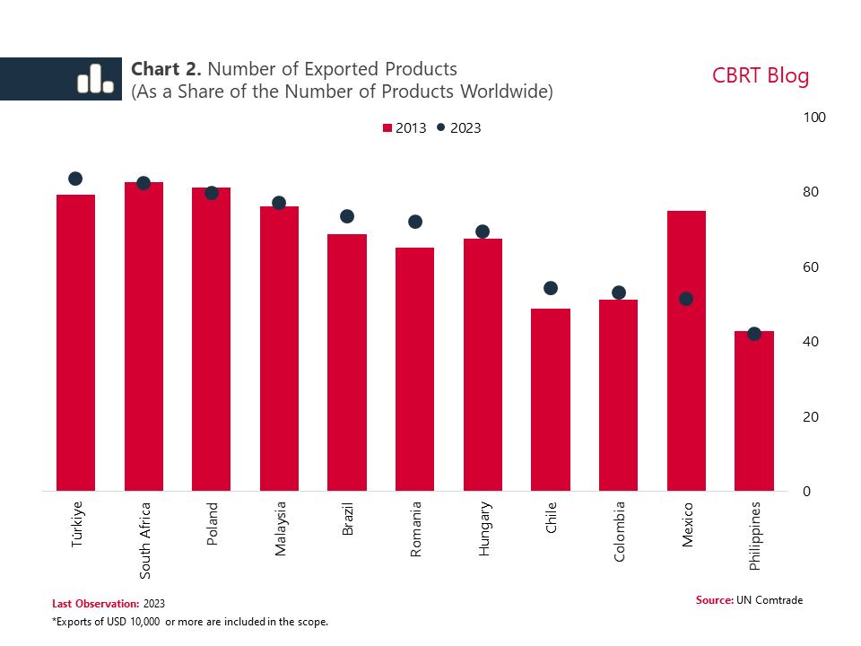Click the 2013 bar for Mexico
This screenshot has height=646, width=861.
tap(686, 351)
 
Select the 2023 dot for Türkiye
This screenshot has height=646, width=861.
tap(75, 179)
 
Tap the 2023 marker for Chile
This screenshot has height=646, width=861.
tap(551, 288)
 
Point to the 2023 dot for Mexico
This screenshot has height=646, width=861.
tap(686, 299)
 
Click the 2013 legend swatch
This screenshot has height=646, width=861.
tap(387, 128)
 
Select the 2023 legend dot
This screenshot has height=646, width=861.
tap(441, 127)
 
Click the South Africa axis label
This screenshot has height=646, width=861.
tap(145, 535)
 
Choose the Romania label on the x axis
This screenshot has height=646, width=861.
tap(416, 529)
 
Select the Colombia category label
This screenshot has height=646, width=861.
tap(620, 531)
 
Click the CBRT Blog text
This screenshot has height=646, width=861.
tap(761, 75)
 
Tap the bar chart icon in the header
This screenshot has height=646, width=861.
tap(94, 79)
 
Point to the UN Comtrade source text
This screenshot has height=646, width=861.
tap(770, 599)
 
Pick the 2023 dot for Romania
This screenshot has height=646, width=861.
tap(414, 222)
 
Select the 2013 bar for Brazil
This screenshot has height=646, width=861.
tap(347, 362)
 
